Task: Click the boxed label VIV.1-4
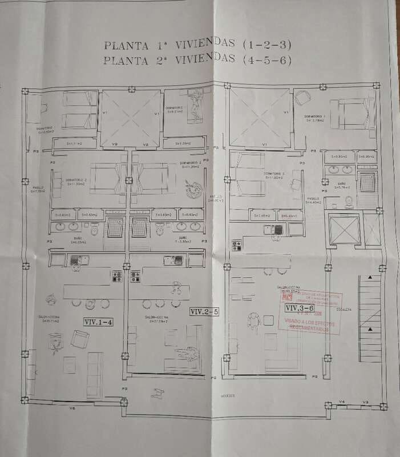point(98,322)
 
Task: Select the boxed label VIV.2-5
point(205,312)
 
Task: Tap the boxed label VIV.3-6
point(300,307)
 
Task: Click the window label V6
point(72,408)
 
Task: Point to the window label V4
point(342,402)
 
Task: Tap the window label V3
point(366,402)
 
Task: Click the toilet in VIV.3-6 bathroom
point(349,199)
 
